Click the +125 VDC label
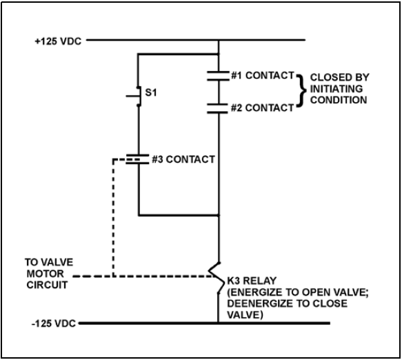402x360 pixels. coord(58,41)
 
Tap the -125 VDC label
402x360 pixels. coord(54,323)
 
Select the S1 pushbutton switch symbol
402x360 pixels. coord(136,96)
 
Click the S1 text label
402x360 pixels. coord(151,92)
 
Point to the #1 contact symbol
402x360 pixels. coord(218,76)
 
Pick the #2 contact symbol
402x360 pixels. coord(218,108)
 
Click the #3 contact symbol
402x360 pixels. coord(137,159)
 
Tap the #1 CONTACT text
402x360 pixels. coord(263,75)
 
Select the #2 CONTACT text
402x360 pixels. coord(262,108)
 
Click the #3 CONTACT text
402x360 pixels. coord(183,159)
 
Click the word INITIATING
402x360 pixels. coord(336,89)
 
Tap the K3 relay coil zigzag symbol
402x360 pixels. coord(215,277)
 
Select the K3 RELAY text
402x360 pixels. coord(252,281)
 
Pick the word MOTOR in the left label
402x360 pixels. coord(45,274)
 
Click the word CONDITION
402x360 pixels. coord(339,100)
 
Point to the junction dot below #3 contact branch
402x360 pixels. coord(219,215)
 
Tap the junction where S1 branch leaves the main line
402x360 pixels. coord(219,54)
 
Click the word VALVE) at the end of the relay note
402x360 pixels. coord(245,315)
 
